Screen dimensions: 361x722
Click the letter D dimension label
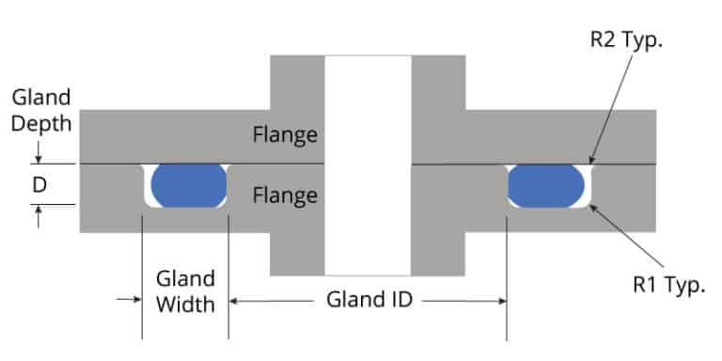click(39, 185)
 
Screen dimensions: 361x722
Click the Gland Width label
click(185, 290)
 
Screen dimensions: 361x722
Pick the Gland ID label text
click(369, 301)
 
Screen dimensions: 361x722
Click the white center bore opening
click(368, 165)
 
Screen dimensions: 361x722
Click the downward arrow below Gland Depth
click(39, 154)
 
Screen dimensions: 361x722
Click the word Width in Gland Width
click(185, 304)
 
